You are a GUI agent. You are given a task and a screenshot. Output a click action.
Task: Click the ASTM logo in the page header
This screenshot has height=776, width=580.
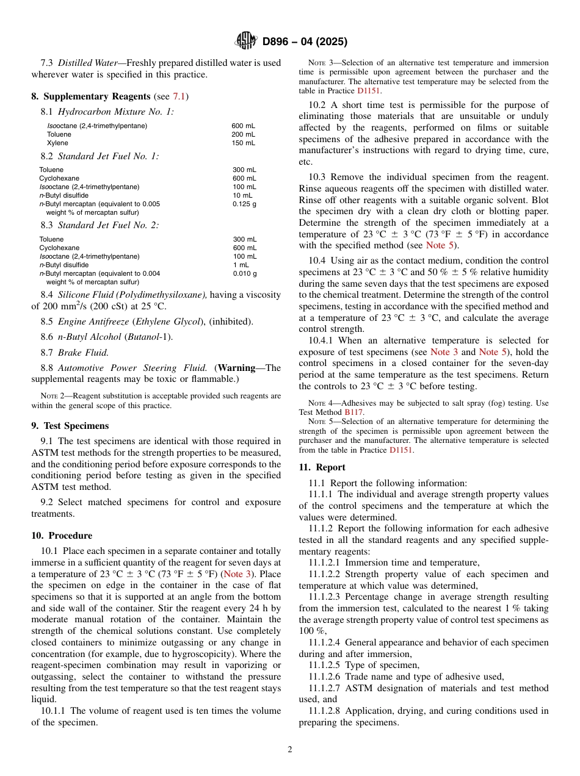(246, 41)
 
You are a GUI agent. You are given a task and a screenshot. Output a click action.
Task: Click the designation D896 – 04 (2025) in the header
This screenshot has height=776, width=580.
(305, 41)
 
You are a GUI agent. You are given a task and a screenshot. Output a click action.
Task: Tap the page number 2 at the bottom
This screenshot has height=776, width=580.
(290, 750)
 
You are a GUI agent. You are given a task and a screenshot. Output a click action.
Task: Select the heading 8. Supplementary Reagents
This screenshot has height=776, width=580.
(91, 96)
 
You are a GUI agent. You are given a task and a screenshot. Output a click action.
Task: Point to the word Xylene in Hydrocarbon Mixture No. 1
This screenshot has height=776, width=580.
(57, 143)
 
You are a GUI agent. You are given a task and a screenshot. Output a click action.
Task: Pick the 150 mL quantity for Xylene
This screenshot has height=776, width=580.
(243, 143)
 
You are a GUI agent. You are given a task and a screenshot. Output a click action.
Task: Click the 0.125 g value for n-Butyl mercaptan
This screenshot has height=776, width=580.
(244, 204)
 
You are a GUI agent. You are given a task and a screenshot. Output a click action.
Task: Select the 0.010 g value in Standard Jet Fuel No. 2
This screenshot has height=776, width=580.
(244, 273)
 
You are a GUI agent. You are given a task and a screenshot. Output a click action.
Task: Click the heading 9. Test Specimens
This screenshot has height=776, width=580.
(70, 426)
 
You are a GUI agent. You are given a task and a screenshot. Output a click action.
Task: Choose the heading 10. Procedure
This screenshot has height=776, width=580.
(62, 536)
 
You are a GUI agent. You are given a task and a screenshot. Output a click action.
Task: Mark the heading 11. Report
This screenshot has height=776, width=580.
(322, 467)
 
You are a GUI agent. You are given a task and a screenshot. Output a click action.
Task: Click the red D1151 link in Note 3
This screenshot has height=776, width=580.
(369, 90)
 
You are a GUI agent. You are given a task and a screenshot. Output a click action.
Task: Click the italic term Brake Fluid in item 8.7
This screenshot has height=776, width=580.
(83, 352)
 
